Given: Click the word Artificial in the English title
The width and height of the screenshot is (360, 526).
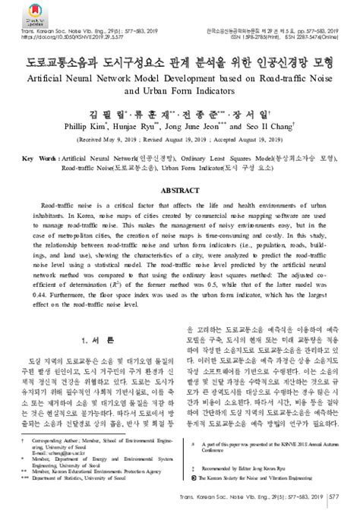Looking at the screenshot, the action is pyautogui.click(x=54, y=78).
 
